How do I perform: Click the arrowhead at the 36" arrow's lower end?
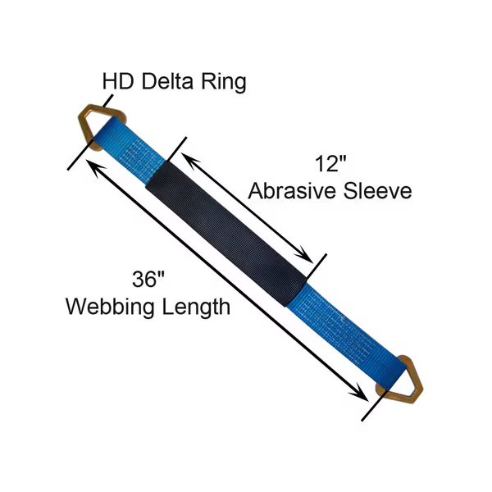[362, 395]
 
